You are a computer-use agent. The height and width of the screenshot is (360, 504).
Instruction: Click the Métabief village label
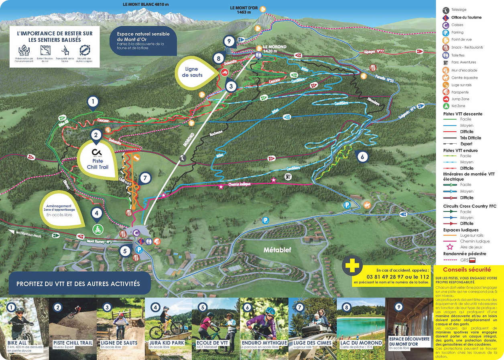(276, 250)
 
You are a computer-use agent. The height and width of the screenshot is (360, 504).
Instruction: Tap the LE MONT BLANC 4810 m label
(146, 5)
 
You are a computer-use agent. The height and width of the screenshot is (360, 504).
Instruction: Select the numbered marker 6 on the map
(362, 157)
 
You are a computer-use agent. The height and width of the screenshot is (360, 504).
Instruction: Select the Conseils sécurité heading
(467, 270)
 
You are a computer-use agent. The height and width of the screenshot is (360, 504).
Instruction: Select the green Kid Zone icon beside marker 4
(97, 230)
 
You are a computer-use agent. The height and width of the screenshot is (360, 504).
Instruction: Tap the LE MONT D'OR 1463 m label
(241, 10)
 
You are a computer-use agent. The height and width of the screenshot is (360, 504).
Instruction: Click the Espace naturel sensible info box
(143, 41)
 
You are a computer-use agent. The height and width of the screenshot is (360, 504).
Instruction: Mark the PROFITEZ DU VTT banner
(78, 284)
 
